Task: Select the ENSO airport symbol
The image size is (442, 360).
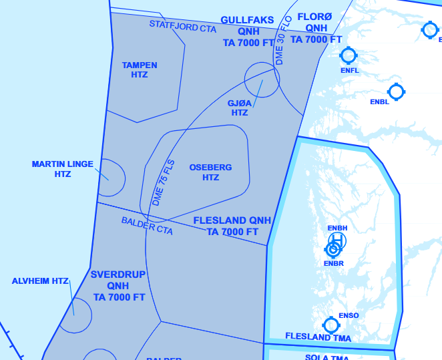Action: click(x=330, y=325)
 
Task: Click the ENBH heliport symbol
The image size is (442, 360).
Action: click(x=338, y=240)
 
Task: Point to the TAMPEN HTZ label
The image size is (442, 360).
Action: click(x=140, y=70)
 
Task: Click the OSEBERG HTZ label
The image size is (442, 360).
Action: click(x=210, y=172)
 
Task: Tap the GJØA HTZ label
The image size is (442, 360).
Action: click(x=240, y=108)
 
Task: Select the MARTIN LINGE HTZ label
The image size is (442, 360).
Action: click(x=63, y=169)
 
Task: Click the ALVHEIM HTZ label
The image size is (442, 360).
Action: click(x=40, y=281)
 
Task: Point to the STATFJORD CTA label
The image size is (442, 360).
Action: click(x=182, y=27)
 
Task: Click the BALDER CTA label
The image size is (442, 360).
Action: click(x=147, y=226)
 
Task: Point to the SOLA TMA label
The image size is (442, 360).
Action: click(x=327, y=357)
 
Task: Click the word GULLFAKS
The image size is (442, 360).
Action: click(x=247, y=20)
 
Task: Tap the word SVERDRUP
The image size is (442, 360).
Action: click(x=118, y=275)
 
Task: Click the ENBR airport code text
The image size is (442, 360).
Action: click(x=333, y=263)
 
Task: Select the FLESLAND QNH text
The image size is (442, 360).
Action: click(x=232, y=220)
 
